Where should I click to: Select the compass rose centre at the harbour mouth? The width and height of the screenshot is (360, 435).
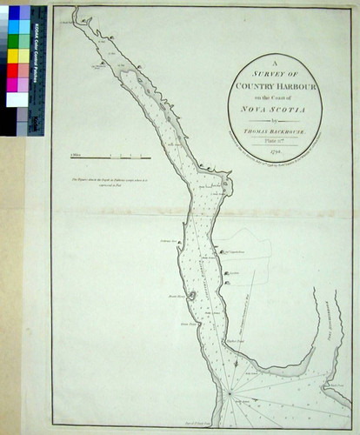(230, 393)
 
